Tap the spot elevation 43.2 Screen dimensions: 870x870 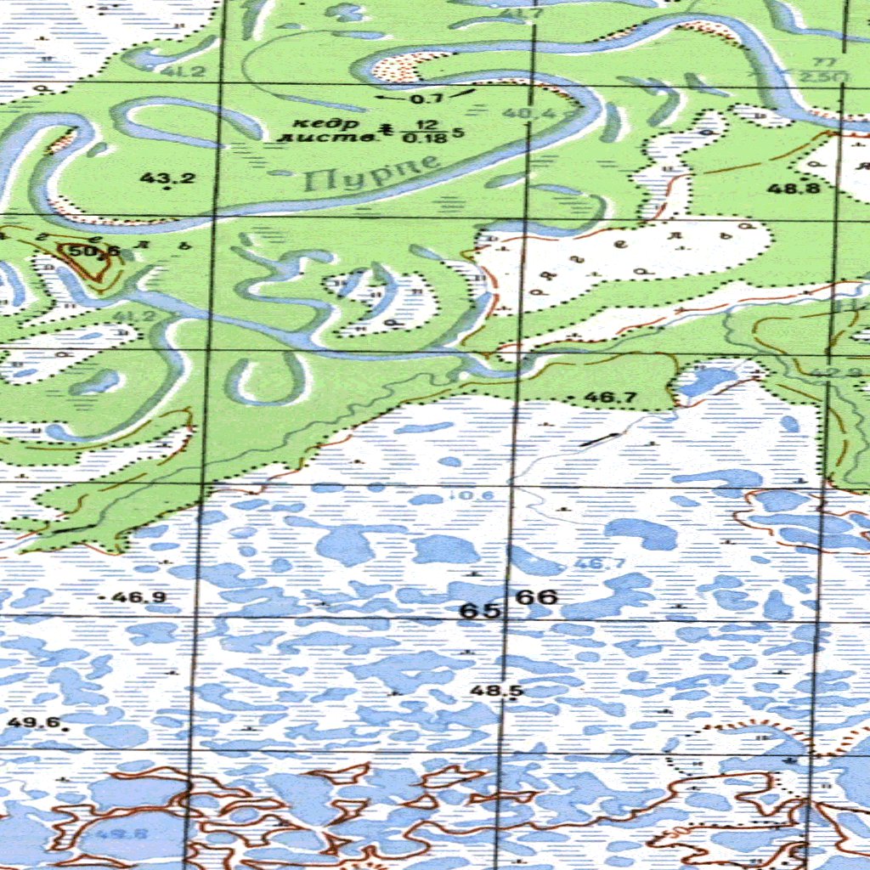click(167, 178)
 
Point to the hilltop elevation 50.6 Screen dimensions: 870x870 click(94, 251)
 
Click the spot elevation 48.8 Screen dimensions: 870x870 click(794, 188)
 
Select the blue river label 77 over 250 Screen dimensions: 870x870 click(823, 70)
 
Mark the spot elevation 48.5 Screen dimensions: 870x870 click(496, 691)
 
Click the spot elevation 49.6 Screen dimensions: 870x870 click(34, 723)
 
